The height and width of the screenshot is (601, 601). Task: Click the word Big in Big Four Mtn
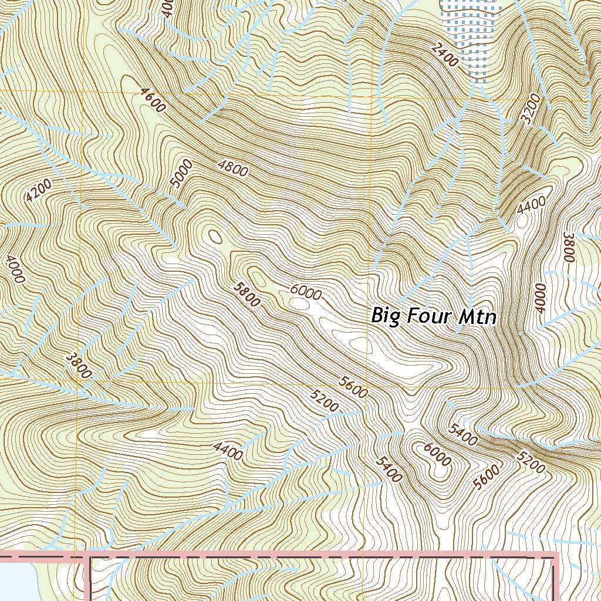point(386,316)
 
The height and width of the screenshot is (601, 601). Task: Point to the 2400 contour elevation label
point(443,55)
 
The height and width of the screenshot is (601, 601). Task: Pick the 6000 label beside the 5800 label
point(306,292)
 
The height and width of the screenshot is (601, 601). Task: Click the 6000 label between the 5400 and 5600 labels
point(437,453)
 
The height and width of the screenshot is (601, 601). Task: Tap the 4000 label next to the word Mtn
point(540,298)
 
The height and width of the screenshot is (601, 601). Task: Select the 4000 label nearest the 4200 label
point(15,269)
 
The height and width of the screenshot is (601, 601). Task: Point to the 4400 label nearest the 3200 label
point(531,205)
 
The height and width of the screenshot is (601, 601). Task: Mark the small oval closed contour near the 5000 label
point(215,236)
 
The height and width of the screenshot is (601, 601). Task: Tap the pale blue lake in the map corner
point(18,581)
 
